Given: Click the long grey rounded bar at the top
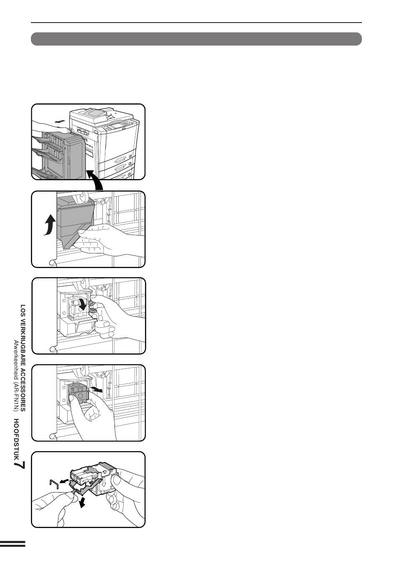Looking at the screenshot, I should click(x=196, y=39).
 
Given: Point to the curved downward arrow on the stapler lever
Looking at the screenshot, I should click(x=84, y=303).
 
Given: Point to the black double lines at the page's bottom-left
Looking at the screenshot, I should click(x=13, y=544).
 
